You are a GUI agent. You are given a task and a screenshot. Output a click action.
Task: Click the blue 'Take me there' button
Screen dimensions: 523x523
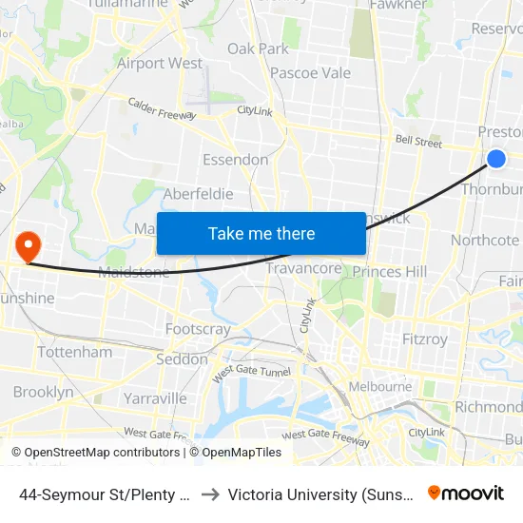(x=261, y=234)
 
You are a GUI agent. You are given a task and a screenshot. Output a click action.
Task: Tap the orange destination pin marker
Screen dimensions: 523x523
(x=29, y=246)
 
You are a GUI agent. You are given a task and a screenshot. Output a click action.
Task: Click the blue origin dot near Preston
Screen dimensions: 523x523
(x=496, y=159)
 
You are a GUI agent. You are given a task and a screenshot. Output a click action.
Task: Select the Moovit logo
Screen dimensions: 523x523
(x=465, y=494)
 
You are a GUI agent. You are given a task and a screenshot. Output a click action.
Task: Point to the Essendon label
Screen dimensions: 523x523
(x=235, y=160)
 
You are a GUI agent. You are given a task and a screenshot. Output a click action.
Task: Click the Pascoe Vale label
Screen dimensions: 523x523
(x=310, y=73)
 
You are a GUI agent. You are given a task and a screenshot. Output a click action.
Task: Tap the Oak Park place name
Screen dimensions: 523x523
(x=258, y=48)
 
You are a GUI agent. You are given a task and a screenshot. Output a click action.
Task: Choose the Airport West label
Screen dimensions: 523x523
(x=160, y=64)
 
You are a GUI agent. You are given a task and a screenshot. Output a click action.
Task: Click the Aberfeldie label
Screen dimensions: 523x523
(x=199, y=194)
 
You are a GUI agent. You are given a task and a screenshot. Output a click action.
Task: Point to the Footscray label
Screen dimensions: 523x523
(x=198, y=329)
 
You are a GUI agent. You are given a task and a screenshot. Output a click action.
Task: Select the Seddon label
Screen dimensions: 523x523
(x=182, y=359)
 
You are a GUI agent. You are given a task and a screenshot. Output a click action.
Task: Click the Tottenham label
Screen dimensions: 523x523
(x=74, y=352)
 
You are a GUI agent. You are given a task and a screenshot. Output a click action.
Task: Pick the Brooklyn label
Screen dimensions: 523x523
(x=43, y=392)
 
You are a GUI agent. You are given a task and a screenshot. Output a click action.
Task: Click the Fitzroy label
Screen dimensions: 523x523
(x=424, y=339)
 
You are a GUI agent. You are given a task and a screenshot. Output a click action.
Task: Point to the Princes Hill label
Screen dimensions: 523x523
(x=390, y=272)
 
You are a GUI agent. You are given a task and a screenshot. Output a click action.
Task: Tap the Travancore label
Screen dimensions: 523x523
(x=303, y=269)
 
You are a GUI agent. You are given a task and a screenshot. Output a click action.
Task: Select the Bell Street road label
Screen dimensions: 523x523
(x=419, y=144)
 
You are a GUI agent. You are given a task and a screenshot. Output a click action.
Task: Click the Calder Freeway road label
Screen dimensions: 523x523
(x=162, y=107)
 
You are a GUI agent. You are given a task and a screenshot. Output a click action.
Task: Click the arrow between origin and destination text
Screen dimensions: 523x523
(x=211, y=494)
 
